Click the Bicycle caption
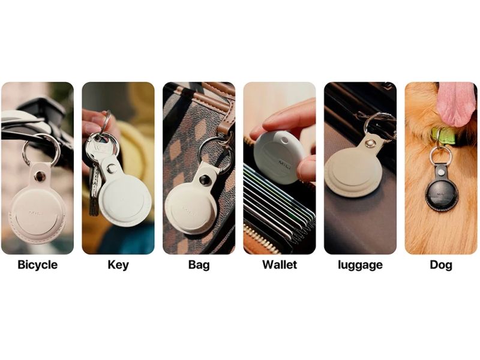coord(37,265)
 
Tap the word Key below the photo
coord(118,265)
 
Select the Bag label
coord(199,265)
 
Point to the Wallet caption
coord(280,265)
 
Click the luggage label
coord(361,265)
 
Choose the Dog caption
coord(441,265)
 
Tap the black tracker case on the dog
coord(441,191)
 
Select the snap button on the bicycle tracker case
coord(40,176)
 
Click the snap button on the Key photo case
coord(112,168)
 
